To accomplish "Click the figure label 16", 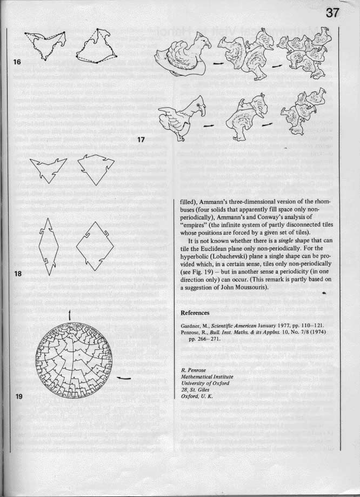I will click(17, 62).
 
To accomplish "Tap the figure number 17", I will click(141, 140).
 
